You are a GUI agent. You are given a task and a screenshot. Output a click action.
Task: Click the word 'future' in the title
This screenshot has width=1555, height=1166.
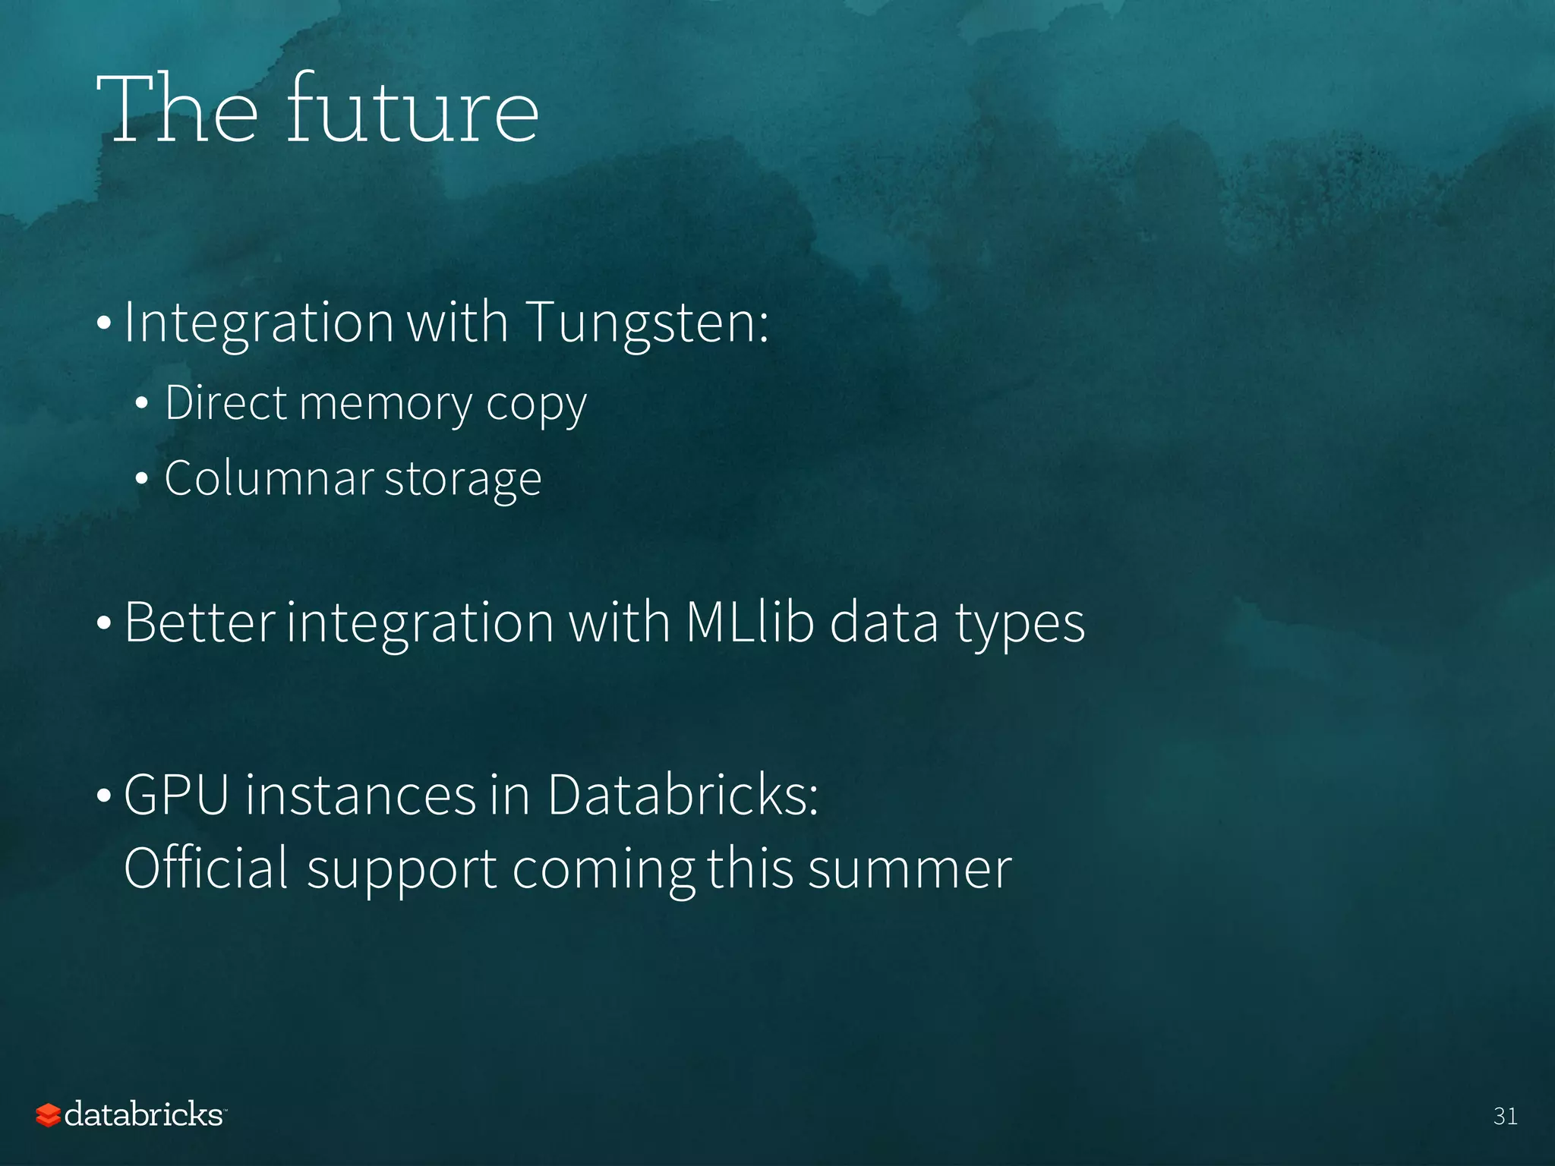pos(412,110)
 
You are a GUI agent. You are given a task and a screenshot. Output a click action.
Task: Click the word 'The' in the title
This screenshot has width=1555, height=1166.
pos(177,110)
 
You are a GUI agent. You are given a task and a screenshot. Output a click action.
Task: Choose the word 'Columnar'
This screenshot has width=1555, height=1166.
pos(269,478)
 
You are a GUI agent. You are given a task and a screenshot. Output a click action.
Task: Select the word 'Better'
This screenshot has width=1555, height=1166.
pos(199,622)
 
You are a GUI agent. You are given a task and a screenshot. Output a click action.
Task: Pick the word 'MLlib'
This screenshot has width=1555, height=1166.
pos(750,622)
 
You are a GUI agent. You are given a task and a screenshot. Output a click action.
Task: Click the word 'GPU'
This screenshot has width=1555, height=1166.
pos(176,796)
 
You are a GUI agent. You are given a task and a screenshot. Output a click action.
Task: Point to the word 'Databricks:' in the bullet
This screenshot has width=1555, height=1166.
pos(683,796)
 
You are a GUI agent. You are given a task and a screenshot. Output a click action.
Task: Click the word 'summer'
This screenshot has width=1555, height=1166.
pos(910,869)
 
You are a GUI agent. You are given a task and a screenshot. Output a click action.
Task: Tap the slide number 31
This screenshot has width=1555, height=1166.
pos(1505,1116)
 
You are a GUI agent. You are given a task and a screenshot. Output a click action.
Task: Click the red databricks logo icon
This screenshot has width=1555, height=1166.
pos(48,1115)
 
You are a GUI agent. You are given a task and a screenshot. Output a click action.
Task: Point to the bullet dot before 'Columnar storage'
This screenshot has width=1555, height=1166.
pos(141,480)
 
